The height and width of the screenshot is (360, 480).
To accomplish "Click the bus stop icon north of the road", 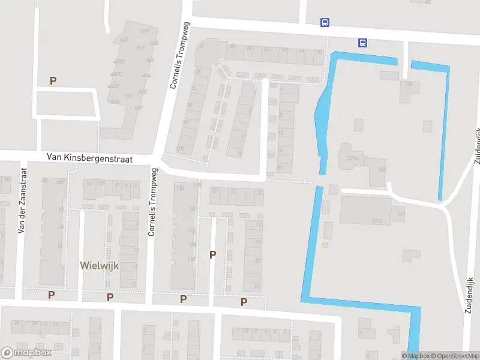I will coord(325,23).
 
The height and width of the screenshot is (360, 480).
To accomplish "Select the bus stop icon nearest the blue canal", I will coord(362,43).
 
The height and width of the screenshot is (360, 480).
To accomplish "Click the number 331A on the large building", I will coord(377,221).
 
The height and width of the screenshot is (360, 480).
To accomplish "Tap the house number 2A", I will coord(410,85).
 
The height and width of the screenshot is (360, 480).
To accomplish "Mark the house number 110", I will coord(192,259).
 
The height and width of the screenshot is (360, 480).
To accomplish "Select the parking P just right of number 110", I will coord(212,254).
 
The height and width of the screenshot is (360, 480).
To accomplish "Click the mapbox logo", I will coord(26,353).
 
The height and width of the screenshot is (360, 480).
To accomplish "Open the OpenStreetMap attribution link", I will coord(455,356).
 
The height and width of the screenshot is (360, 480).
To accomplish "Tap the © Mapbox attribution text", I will coord(415,356).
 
